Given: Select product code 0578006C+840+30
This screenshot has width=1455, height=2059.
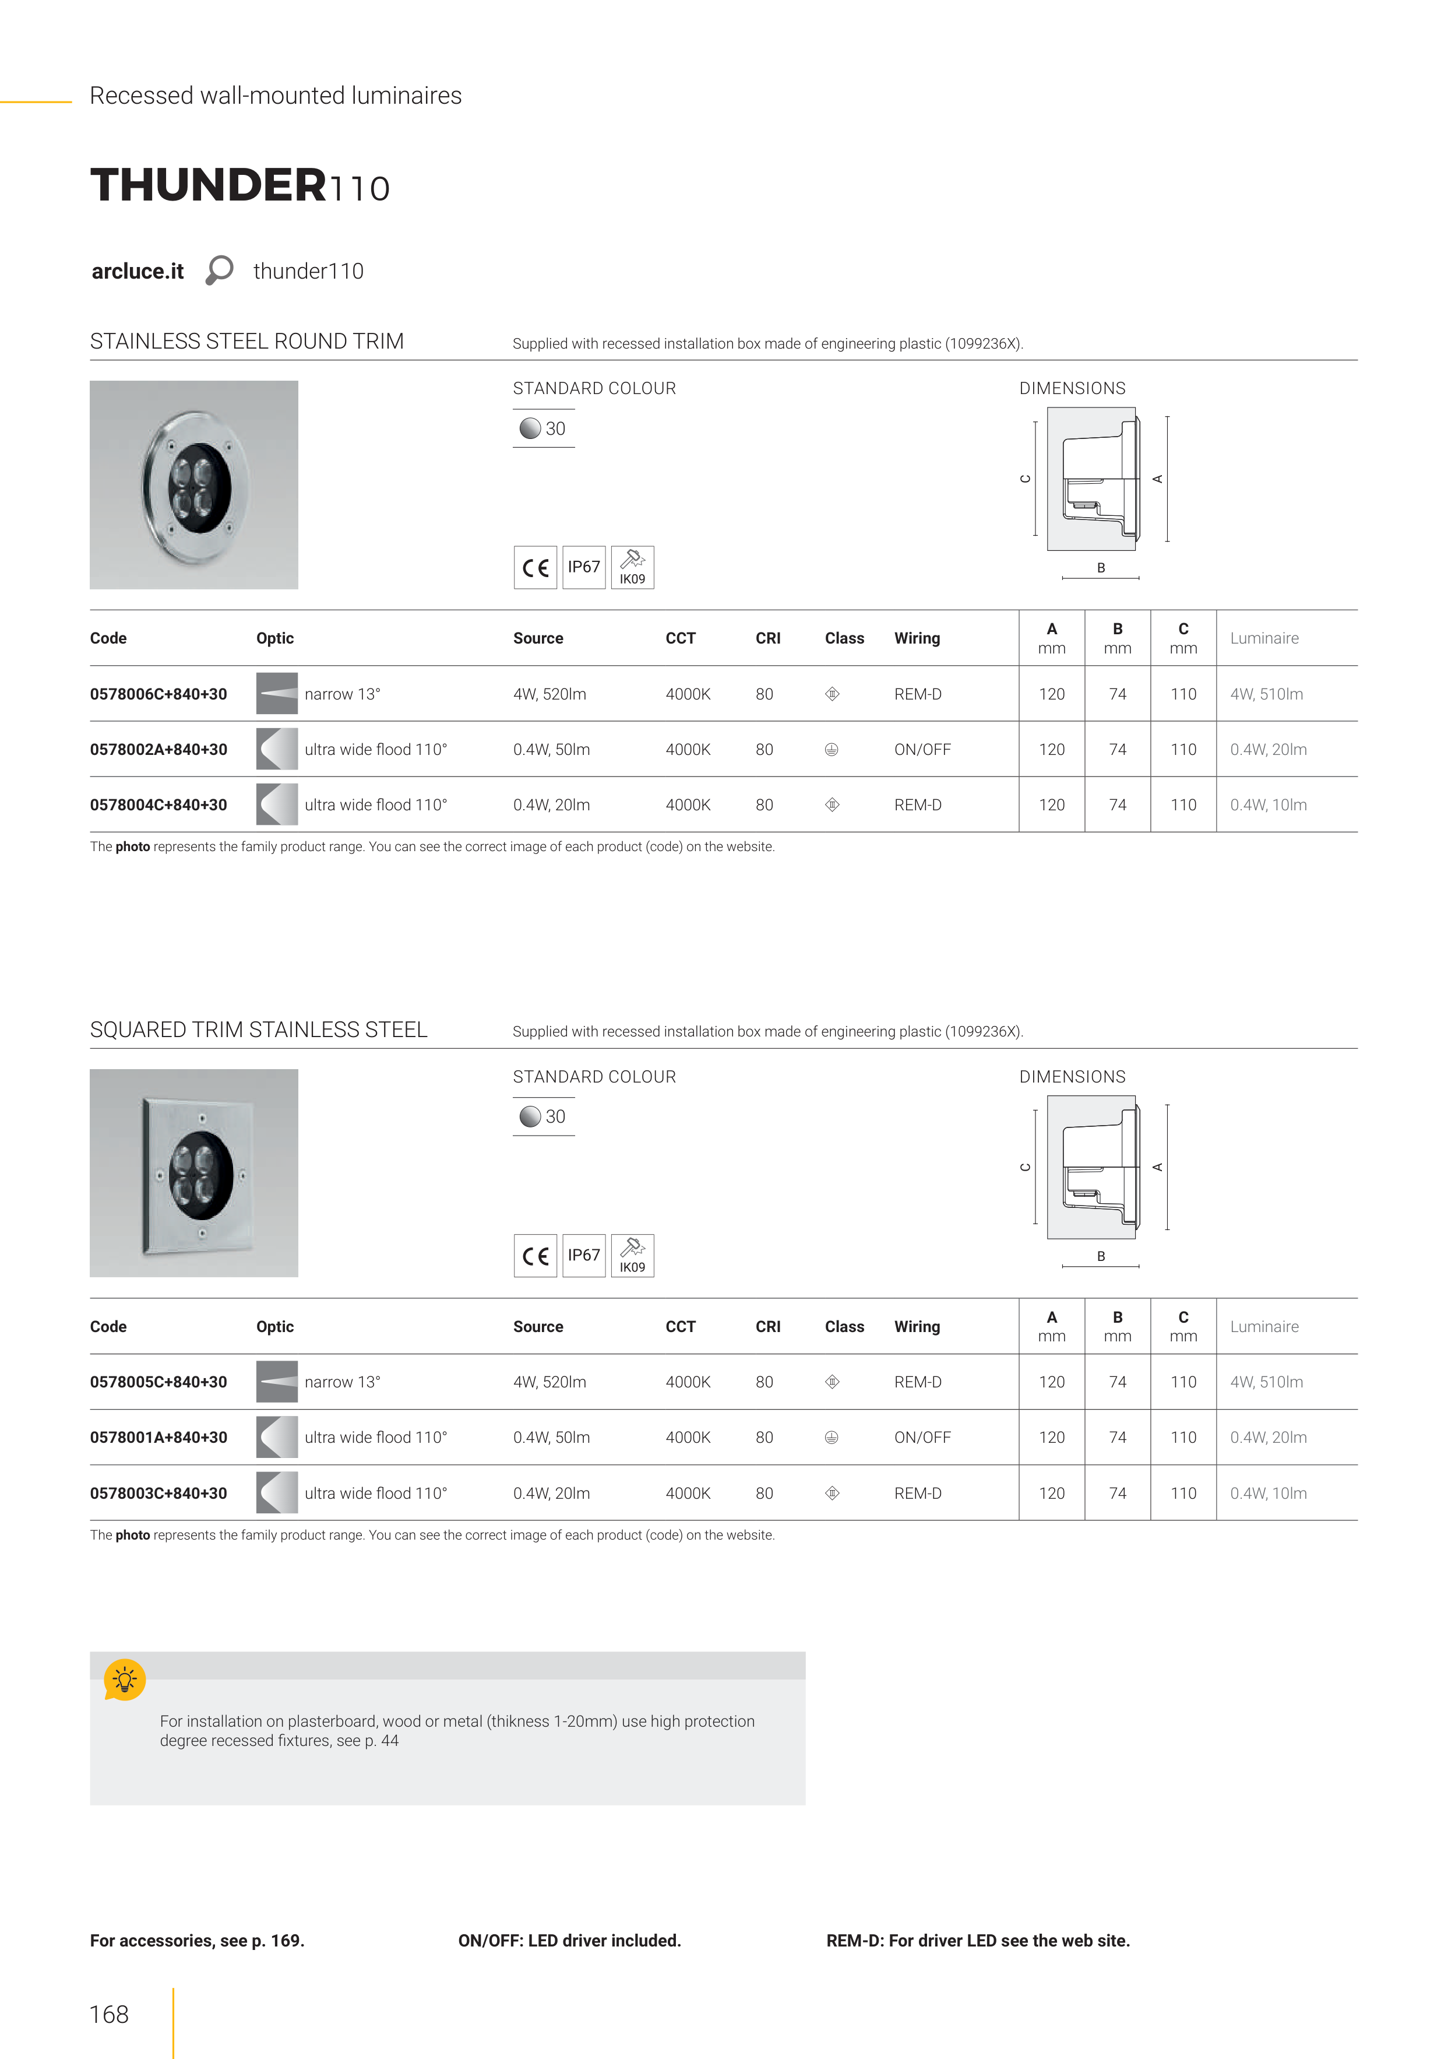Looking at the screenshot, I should click(158, 694).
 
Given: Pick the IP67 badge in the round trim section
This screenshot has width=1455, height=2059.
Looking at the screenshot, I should click(584, 567).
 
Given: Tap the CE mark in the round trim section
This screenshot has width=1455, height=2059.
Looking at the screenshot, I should click(535, 568).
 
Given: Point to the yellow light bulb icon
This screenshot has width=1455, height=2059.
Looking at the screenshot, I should click(125, 1679).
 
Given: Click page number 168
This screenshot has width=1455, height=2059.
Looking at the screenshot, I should click(110, 2014).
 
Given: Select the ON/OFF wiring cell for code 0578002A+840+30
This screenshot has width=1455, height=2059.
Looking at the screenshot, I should click(922, 750).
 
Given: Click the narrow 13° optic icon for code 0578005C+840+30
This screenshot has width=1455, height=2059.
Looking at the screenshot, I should click(277, 1382).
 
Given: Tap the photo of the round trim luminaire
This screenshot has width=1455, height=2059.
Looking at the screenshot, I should click(193, 484).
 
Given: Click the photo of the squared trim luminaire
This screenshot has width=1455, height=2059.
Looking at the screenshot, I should click(193, 1173).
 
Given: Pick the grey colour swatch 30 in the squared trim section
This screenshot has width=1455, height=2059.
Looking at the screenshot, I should click(531, 1116).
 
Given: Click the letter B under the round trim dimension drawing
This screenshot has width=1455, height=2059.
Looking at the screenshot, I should click(1101, 568).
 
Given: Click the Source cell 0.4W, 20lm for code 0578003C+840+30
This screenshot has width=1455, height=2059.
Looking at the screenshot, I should click(551, 1493).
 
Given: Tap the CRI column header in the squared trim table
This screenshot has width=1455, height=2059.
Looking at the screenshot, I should click(767, 1326).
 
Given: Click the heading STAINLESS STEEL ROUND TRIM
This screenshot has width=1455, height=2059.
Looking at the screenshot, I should click(246, 342).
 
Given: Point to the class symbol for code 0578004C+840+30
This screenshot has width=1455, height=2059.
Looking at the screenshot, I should click(832, 805).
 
